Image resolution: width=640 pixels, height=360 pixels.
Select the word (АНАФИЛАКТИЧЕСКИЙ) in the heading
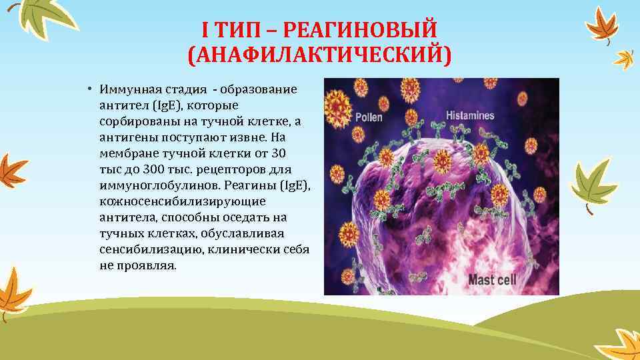pos(319,55)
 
